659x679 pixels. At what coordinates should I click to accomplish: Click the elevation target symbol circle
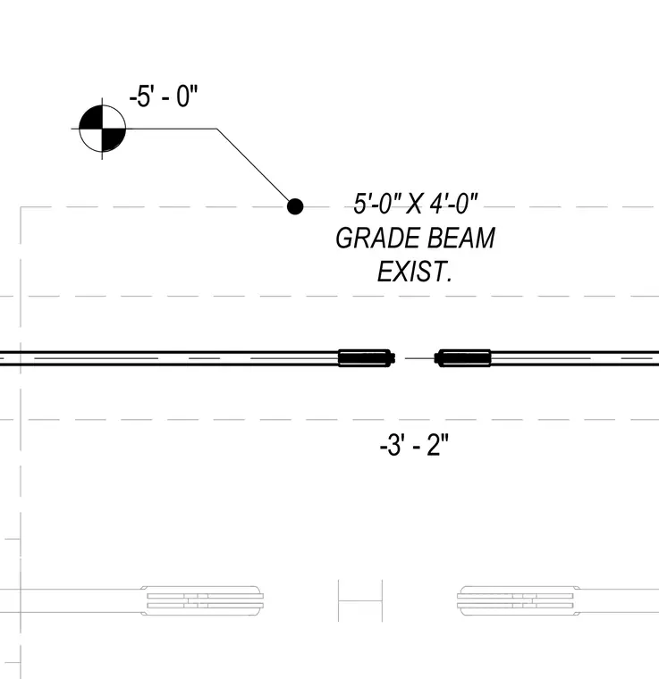[103, 129]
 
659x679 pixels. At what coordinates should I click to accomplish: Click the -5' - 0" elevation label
[164, 96]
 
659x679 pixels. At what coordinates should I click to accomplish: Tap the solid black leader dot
[295, 206]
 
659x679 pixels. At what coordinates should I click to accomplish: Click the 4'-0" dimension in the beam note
[453, 204]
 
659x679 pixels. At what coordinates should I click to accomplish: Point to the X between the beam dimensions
[414, 204]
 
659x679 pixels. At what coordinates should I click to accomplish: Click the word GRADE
[375, 239]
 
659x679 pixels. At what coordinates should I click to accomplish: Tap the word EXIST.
[415, 272]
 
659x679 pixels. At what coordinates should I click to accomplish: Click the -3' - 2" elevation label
[414, 445]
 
